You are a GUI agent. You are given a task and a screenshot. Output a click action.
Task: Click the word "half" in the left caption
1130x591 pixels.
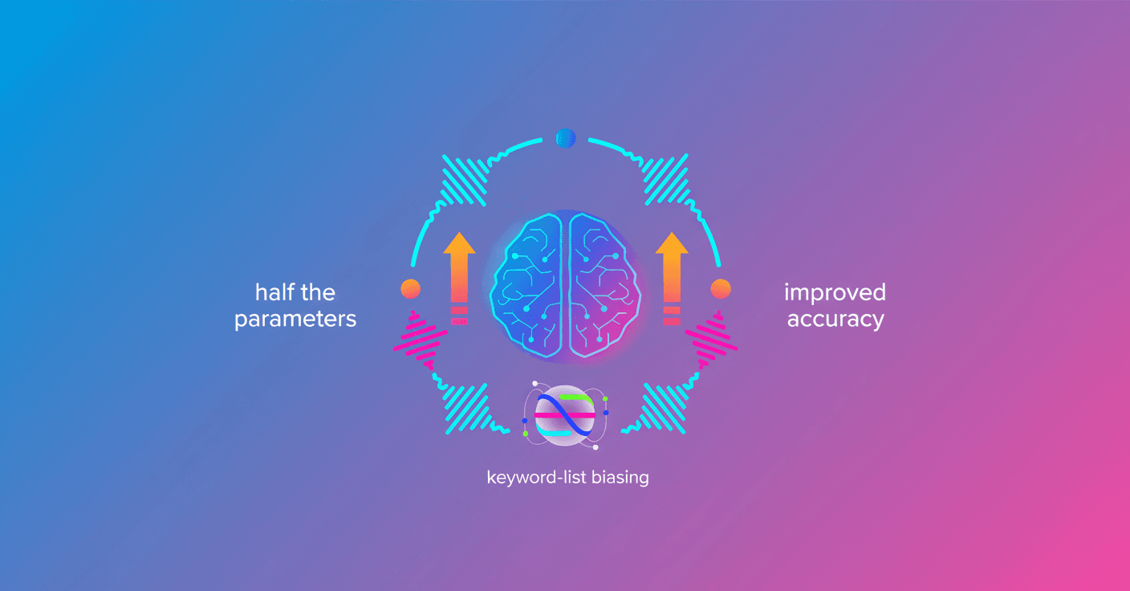pos(274,292)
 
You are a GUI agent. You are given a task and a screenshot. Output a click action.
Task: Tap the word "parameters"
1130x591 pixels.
pos(295,320)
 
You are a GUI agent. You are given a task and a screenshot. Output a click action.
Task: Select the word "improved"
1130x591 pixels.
pos(835,293)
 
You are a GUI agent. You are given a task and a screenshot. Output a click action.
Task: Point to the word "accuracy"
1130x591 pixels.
pos(835,320)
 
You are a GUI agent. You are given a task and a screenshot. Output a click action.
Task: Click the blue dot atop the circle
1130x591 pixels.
pos(566,138)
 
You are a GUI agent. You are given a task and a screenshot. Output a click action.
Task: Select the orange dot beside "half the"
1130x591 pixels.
pos(411,289)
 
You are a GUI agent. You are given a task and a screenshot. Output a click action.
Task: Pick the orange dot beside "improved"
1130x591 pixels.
pos(721,289)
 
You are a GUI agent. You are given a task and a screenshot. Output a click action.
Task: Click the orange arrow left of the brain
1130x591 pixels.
pos(459,278)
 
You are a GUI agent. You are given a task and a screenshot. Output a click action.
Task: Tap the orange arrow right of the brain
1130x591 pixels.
pos(672,278)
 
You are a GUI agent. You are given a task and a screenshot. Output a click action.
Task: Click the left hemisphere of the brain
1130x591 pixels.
pos(526,285)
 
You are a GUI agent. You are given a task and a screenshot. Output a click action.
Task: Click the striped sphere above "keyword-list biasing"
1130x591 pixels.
pos(565,415)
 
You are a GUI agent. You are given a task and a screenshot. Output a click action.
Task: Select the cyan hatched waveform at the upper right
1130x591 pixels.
pos(666,180)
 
